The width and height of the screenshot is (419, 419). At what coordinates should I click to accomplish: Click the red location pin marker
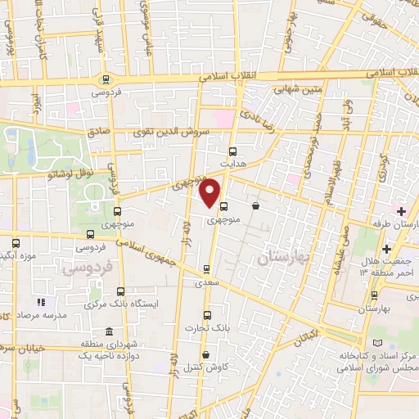pos(210,191)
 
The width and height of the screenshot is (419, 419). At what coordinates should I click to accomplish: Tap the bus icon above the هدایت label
pos(232,151)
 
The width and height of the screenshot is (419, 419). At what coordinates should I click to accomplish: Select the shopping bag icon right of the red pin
pos(257,205)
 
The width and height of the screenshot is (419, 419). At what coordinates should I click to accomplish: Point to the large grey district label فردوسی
pos(82,268)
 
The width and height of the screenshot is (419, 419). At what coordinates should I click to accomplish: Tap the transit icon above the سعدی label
pos(206,268)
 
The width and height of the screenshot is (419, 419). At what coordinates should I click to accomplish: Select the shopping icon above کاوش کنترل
pos(204,354)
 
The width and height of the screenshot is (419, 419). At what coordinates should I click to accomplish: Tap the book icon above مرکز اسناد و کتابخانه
pos(376,343)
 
